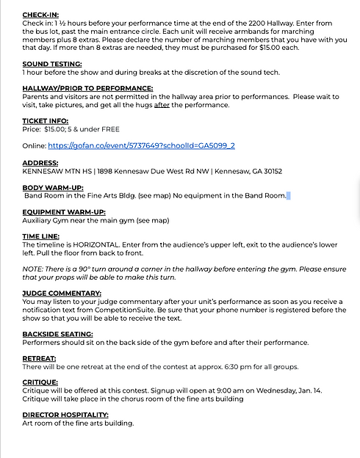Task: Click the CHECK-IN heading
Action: click(41, 15)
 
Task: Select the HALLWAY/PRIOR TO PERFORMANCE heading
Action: click(87, 89)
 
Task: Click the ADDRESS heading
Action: click(40, 163)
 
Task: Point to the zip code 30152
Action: click(270, 171)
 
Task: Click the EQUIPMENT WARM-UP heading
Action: click(65, 212)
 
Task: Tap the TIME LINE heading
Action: click(42, 237)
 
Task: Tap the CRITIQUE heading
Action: click(41, 383)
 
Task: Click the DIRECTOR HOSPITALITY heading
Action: click(65, 415)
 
